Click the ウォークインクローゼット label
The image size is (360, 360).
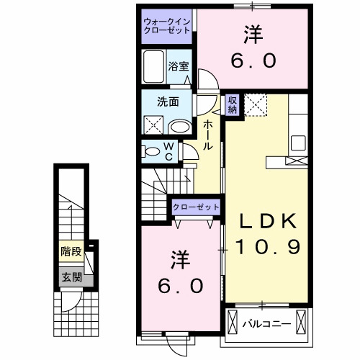coord(166,25)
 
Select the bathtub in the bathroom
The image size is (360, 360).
coord(153,67)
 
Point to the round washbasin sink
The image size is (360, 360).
coord(179,126)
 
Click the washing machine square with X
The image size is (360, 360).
coord(153,125)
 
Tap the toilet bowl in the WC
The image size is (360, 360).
coord(152,151)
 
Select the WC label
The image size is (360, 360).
coord(168,151)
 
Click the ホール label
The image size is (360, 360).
coord(207,135)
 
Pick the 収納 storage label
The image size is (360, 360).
coord(233,104)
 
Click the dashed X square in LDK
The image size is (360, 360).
coord(256,105)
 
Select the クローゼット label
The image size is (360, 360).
coord(196,207)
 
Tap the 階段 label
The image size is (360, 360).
coord(71,252)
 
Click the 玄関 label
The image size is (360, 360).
coord(71,276)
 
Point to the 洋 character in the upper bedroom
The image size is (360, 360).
coord(253,35)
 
